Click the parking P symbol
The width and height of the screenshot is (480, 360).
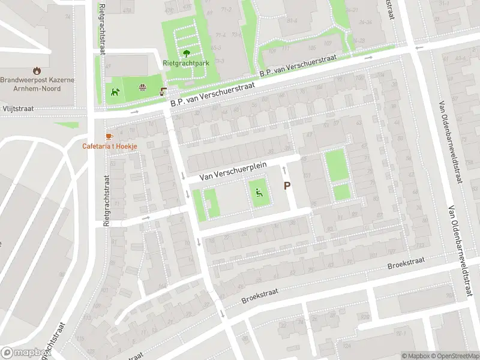point(287,186)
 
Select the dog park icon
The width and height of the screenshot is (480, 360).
point(115,92)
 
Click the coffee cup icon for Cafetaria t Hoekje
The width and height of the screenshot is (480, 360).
point(109,136)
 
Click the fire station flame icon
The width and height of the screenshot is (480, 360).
point(37,70)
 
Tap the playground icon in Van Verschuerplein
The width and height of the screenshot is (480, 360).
point(259,193)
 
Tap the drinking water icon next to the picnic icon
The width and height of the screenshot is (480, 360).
point(163,92)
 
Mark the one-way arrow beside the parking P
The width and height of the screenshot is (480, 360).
point(284,170)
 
